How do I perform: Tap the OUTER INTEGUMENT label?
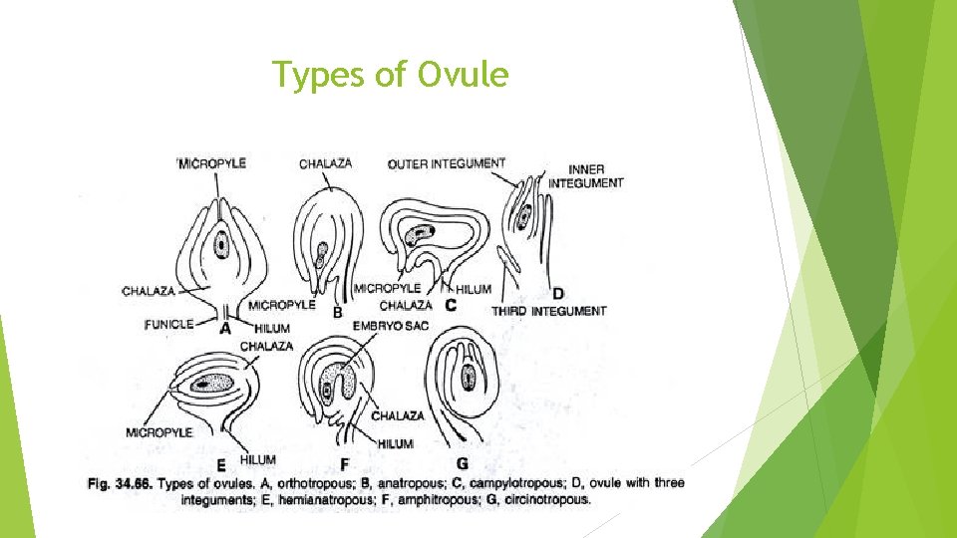[446, 163]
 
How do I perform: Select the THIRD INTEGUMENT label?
[548, 311]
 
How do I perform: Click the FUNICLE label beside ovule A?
[168, 324]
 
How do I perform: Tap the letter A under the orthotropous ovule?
[225, 327]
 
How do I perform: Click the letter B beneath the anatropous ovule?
[337, 312]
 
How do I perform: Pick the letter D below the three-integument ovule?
[557, 294]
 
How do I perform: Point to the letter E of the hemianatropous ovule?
[220, 464]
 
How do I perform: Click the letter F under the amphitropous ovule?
[344, 464]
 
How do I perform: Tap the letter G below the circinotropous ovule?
[462, 463]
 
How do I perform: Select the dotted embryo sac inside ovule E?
[212, 384]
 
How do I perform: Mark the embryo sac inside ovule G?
[469, 378]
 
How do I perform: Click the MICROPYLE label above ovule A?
[212, 162]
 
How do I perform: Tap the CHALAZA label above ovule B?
[325, 162]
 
